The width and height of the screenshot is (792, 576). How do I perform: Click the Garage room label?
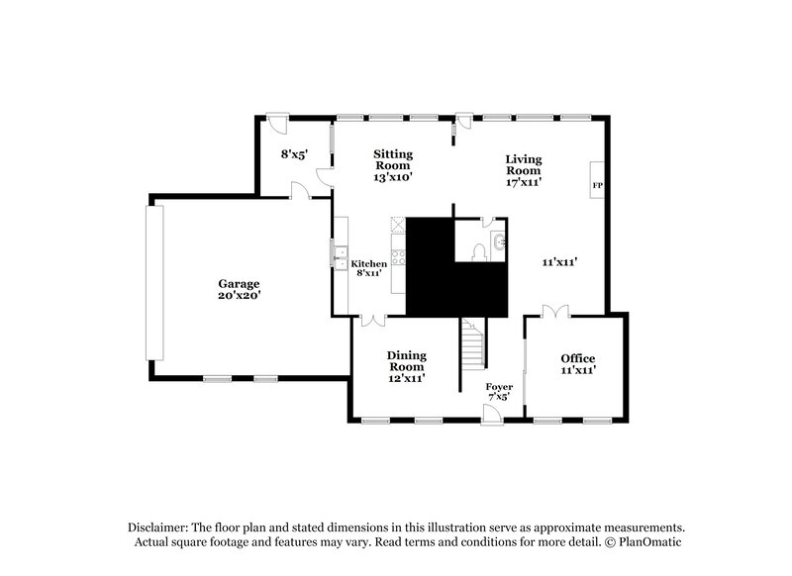(239, 283)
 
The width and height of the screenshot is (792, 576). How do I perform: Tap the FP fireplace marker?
(597, 185)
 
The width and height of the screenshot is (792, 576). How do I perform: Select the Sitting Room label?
(392, 159)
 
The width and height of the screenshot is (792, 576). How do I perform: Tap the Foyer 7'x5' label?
(498, 392)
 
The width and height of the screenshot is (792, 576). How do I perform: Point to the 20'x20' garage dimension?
(239, 294)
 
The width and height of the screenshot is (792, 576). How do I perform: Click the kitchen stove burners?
(399, 259)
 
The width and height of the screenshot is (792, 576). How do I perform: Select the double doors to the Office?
(554, 312)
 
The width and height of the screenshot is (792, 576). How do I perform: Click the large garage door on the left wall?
(152, 282)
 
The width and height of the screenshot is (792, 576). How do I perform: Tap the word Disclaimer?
(160, 528)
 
